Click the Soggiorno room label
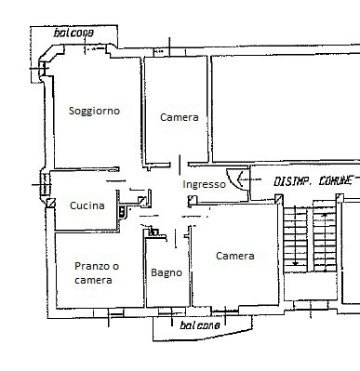94,111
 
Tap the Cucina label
87,205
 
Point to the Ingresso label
204,184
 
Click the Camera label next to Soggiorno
178,117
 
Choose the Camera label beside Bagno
234,256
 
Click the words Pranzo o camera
97,273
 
